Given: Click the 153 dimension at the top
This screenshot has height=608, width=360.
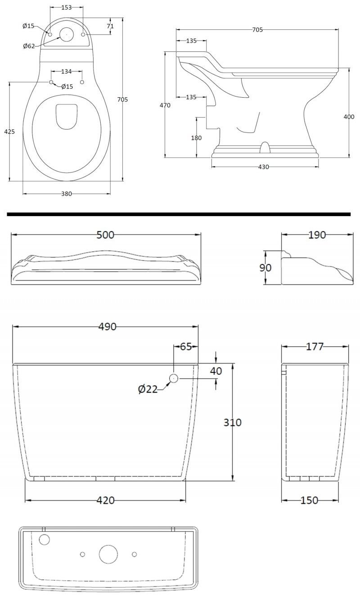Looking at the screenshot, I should (67, 8).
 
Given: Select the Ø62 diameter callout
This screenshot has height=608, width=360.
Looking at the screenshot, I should (28, 46).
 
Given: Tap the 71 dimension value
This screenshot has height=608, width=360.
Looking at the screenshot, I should (110, 26).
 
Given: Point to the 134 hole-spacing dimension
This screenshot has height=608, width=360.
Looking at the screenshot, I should (66, 71).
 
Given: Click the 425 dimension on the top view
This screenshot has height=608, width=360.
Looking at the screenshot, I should (9, 132).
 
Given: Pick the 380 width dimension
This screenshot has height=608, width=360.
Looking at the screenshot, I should (66, 194).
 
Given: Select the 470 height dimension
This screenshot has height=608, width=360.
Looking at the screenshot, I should (165, 105).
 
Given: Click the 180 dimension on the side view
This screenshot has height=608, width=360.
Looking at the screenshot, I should (196, 138).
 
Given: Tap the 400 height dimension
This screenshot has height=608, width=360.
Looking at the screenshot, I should (349, 117).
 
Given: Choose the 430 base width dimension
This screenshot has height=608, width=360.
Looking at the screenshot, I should (264, 167).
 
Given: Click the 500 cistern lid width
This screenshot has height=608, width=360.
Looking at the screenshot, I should (106, 235).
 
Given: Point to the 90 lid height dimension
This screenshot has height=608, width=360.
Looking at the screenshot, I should (265, 268).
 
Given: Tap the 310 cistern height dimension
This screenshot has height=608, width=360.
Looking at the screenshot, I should (233, 422).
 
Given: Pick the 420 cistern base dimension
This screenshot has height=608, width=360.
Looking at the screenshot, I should (105, 500).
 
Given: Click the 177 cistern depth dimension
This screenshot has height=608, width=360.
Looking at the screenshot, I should (315, 346).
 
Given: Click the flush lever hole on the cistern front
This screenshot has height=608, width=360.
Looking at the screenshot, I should (174, 379).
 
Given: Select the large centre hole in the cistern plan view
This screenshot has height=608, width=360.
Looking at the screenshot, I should (108, 554).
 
